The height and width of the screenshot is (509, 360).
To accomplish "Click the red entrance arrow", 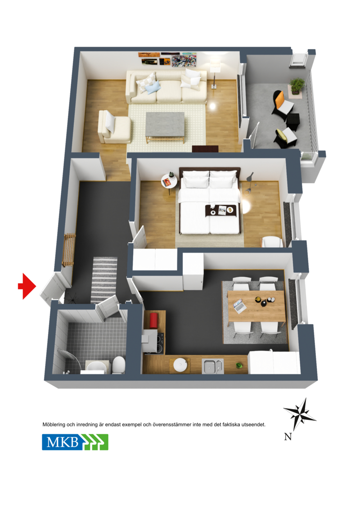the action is (27, 286).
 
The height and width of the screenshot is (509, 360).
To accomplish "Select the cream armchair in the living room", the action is (114, 127).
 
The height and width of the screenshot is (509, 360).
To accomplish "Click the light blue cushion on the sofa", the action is (153, 87).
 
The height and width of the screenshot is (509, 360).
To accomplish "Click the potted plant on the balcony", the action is (297, 86).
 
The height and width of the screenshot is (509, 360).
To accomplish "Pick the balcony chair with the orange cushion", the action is (283, 104).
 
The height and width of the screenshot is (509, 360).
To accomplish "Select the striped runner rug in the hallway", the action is (104, 279).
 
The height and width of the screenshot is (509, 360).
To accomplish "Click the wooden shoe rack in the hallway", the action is (68, 250).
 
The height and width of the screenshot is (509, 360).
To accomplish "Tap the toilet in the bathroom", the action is (118, 365).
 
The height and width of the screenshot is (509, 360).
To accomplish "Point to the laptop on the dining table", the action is (239, 306).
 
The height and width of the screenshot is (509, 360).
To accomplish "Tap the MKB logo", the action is (75, 442).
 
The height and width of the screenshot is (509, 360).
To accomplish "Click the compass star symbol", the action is (300, 414).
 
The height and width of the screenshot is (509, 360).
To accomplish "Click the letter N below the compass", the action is (288, 437).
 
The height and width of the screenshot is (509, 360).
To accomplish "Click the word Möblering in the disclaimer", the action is (54, 424).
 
